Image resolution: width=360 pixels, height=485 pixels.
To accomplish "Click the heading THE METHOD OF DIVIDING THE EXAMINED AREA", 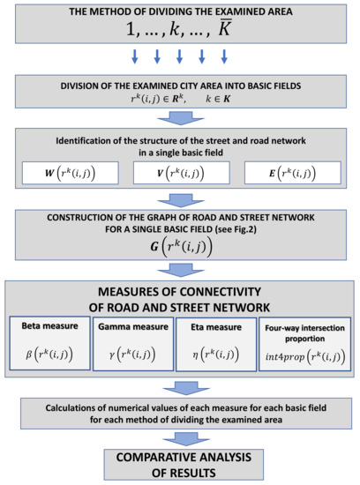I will click(x=180, y=13).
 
